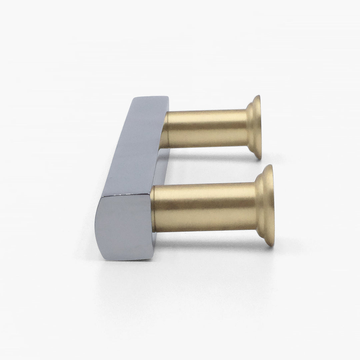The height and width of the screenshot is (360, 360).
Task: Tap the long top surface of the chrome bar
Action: pos(133,147)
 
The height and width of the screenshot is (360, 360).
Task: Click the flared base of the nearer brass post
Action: pos(267,205)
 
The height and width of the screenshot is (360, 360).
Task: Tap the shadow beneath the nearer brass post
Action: pos(213,238)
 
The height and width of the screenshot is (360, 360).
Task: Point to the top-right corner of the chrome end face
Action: pos(149,195)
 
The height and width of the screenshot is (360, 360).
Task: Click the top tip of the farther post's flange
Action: pos(257,97)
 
